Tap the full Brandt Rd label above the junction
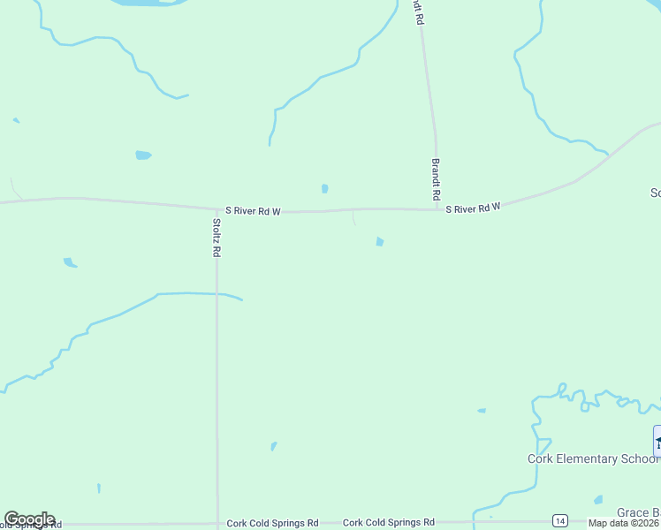pos(436,178)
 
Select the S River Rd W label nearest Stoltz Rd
pos(253,211)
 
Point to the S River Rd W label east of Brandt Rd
pos(473,208)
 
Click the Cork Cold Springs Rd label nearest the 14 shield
pos(389,523)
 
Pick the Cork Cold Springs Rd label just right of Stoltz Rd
pos(272,523)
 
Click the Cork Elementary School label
pos(593,458)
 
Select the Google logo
pos(29,519)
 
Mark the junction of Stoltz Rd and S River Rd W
pos(217,210)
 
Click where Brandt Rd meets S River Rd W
pos(437,209)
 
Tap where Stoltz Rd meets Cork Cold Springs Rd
pos(217,522)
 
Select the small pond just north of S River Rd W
pos(325,188)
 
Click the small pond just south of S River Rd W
pos(379,241)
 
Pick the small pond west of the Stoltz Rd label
pos(70,262)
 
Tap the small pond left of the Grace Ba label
pos(598,500)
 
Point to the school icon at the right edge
pos(657,441)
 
